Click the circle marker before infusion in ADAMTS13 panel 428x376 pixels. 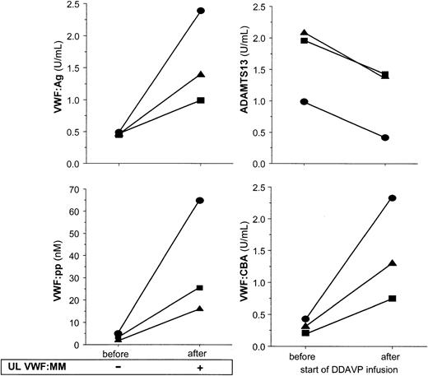pos(304,101)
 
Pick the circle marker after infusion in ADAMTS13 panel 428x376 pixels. pos(385,137)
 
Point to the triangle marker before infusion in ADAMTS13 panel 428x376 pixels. pos(304,32)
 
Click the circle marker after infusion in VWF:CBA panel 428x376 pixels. pos(393,198)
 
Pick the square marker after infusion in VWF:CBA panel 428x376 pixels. pos(393,298)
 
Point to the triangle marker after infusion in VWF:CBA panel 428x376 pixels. pos(393,263)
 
